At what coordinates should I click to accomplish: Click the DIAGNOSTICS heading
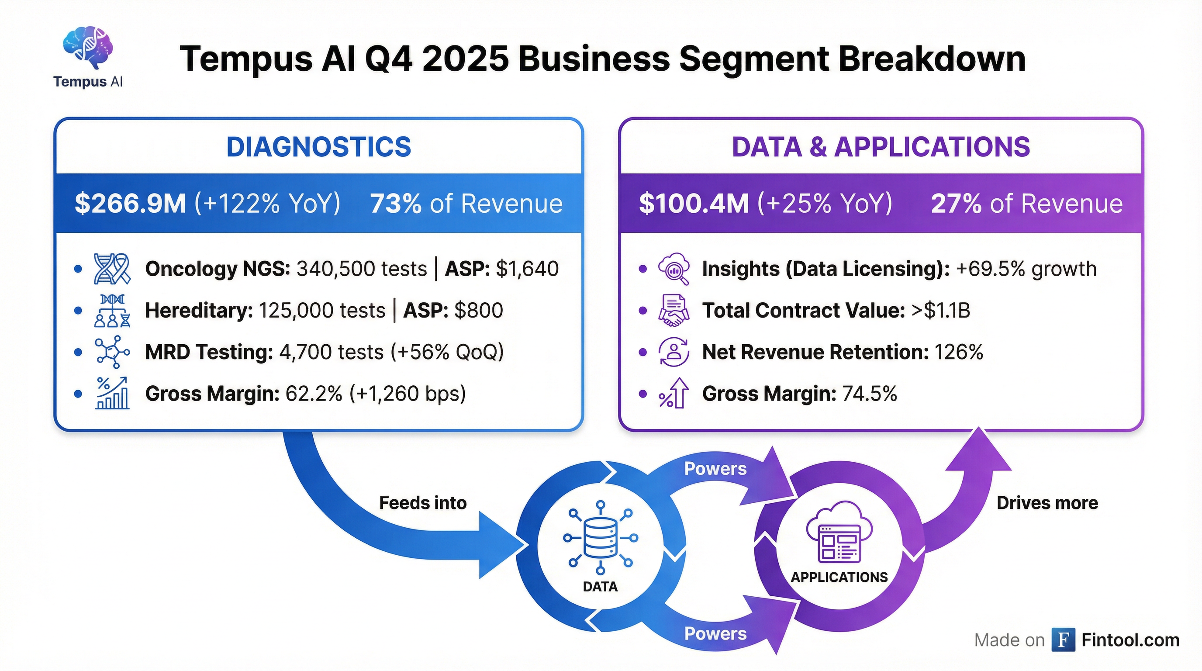pyautogui.click(x=319, y=147)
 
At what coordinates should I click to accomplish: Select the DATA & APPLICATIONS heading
pyautogui.click(x=881, y=147)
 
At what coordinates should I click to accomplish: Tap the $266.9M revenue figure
pyautogui.click(x=130, y=204)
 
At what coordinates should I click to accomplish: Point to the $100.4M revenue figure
pyautogui.click(x=694, y=204)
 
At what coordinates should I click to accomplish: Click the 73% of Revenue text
pyautogui.click(x=466, y=204)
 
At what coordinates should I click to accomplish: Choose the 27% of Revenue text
pyautogui.click(x=1026, y=204)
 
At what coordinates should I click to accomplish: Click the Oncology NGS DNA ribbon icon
pyautogui.click(x=112, y=269)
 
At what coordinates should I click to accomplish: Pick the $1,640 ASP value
pyautogui.click(x=527, y=269)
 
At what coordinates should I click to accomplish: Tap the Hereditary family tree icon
pyautogui.click(x=112, y=310)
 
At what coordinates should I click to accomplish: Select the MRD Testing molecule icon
pyautogui.click(x=112, y=352)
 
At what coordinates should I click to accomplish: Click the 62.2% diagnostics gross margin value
pyautogui.click(x=314, y=393)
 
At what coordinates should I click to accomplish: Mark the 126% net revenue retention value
pyautogui.click(x=959, y=352)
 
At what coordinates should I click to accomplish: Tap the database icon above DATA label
pyautogui.click(x=601, y=537)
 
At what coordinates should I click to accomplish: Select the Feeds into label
pyautogui.click(x=423, y=503)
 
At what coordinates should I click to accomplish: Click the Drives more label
pyautogui.click(x=1047, y=503)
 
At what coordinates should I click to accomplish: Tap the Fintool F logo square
pyautogui.click(x=1064, y=640)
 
